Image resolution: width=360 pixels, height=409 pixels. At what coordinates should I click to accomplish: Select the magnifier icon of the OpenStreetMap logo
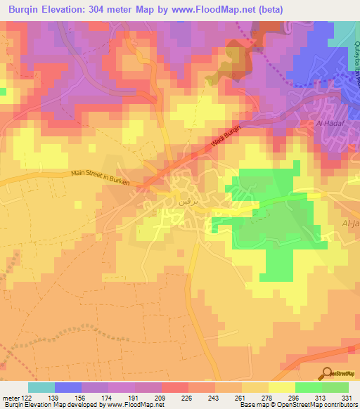(326, 372)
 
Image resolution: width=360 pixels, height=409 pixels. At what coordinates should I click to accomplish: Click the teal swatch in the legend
(41, 387)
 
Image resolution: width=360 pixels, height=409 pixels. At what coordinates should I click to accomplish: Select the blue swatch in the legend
(68, 387)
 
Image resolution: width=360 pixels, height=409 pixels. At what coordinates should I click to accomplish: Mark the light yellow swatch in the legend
(282, 387)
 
